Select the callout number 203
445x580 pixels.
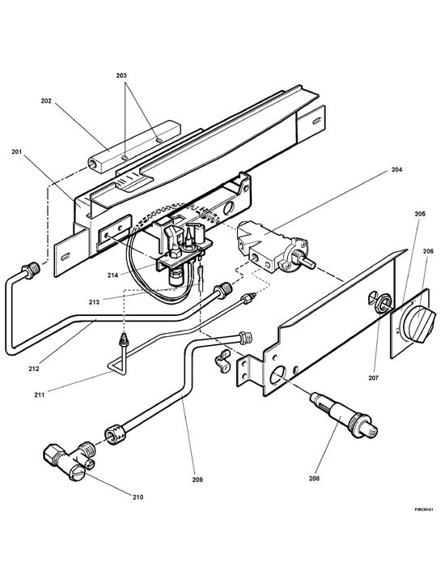click(x=122, y=75)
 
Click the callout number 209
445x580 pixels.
click(x=198, y=480)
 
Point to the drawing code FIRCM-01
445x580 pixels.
click(x=425, y=510)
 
